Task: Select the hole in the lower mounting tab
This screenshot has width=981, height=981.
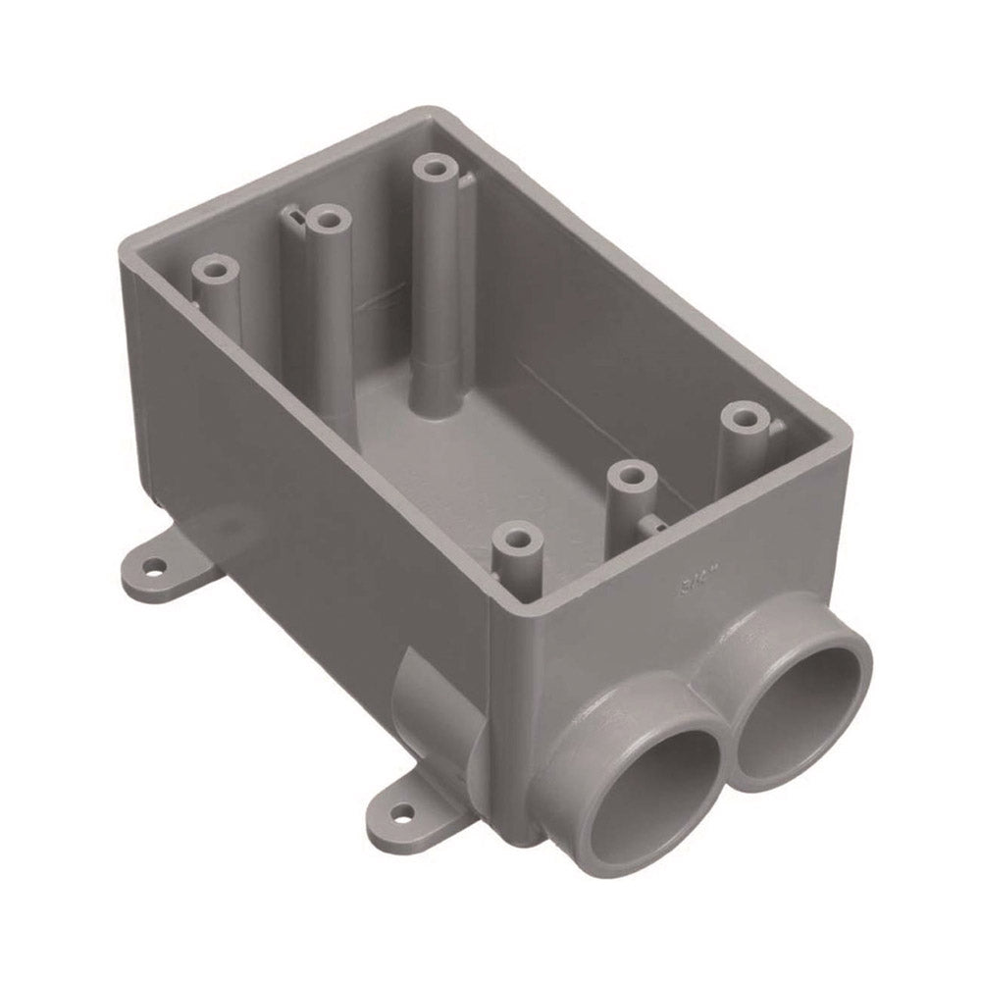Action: click(x=402, y=812)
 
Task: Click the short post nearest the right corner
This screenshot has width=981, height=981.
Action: click(x=744, y=417)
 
